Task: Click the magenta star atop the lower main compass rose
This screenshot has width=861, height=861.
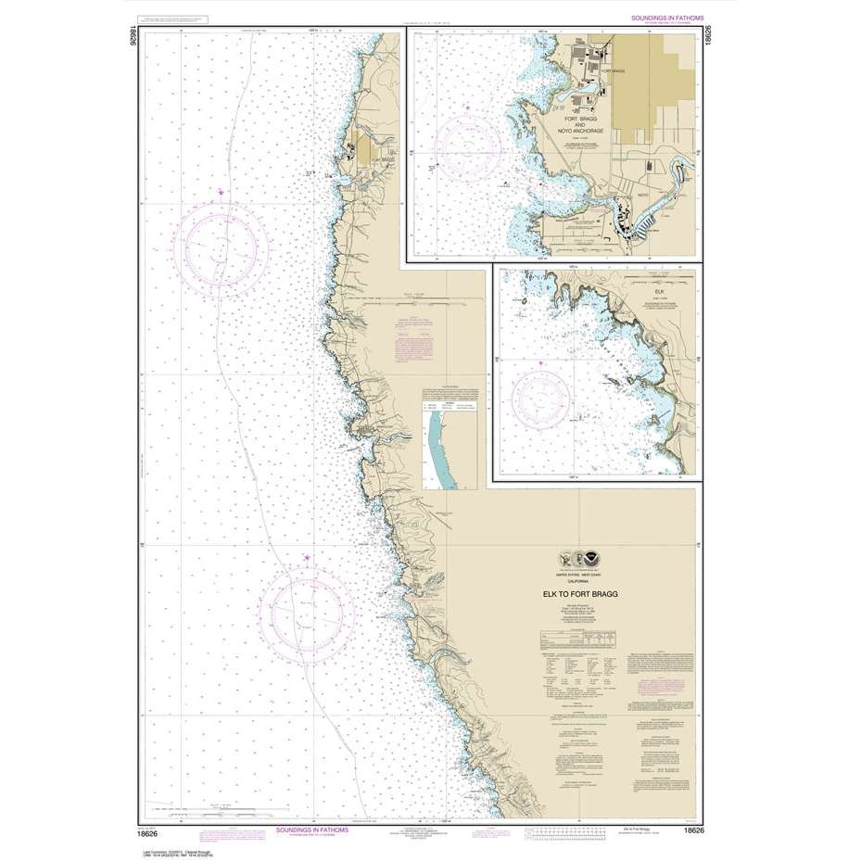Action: tap(307, 557)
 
